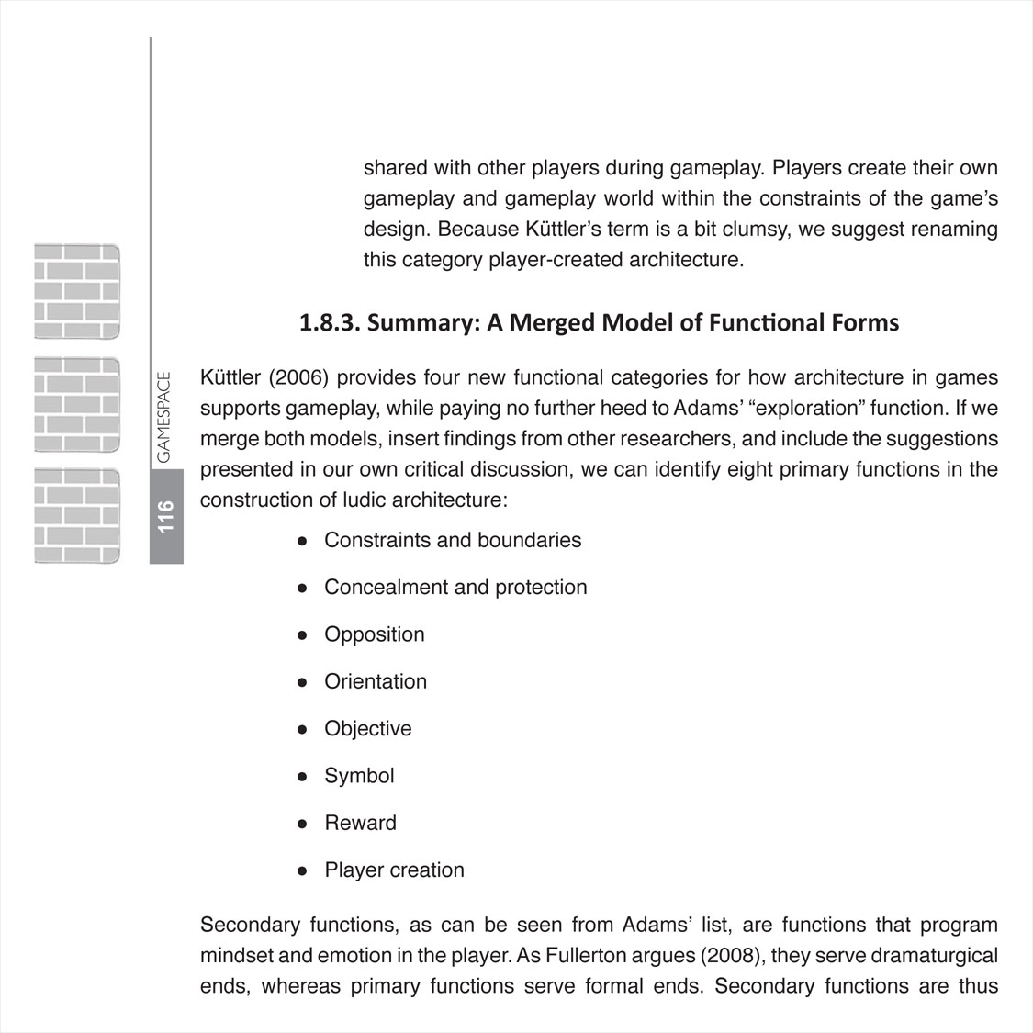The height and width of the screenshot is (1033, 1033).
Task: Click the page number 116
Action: [x=166, y=516]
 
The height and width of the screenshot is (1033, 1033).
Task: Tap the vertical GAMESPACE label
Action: [x=164, y=417]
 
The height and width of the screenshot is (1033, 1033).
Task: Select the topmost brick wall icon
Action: [x=77, y=292]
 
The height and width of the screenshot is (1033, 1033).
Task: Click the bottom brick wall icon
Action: [x=77, y=515]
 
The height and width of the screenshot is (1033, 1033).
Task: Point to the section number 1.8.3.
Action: [x=331, y=323]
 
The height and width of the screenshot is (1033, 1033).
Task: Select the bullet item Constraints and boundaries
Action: [x=453, y=540]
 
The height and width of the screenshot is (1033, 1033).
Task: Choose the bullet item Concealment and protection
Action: [x=455, y=587]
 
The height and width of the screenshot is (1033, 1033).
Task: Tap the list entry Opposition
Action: [x=375, y=634]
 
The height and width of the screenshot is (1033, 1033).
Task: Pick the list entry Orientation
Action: [x=376, y=681]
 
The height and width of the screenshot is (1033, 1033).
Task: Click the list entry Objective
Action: [x=368, y=728]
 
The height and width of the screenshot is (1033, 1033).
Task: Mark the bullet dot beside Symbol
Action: [x=301, y=776]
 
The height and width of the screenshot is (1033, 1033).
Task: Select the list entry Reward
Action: [x=361, y=823]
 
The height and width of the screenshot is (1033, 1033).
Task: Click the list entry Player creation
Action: [x=395, y=870]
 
